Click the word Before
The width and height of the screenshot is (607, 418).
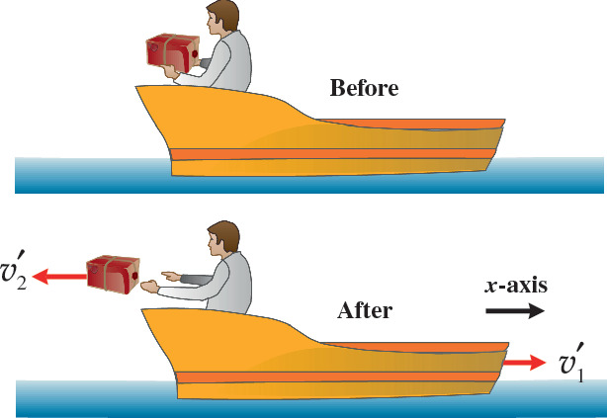(363, 88)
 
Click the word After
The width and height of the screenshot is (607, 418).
(365, 310)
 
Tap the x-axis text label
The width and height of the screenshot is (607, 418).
(515, 285)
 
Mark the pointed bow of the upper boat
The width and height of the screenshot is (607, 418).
(143, 91)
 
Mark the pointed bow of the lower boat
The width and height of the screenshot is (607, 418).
(148, 313)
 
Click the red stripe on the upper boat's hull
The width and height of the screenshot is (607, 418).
(336, 153)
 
